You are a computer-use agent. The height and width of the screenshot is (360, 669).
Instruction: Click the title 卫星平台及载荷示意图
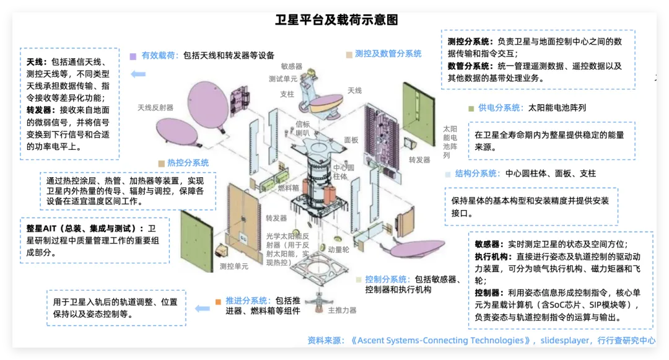coord(336,20)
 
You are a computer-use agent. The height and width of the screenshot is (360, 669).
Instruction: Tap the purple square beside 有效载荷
coord(133,56)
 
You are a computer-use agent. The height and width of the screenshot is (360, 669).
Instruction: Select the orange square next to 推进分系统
coord(218,302)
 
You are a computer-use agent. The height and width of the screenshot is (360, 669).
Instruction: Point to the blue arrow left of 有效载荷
coord(138,74)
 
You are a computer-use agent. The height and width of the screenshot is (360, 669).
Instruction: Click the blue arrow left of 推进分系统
coord(202,307)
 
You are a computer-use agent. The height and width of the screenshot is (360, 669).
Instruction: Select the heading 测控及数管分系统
coord(388,54)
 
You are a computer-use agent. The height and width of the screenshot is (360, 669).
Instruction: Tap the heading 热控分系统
coord(188,163)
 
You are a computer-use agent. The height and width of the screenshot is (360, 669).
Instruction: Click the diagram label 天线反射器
coord(155,108)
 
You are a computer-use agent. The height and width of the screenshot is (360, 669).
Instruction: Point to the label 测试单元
coord(283,79)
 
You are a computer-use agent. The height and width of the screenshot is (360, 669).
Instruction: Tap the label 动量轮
coord(339,250)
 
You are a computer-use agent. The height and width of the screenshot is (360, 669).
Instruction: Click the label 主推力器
coord(342,310)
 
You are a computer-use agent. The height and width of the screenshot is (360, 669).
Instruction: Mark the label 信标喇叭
coord(302,128)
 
